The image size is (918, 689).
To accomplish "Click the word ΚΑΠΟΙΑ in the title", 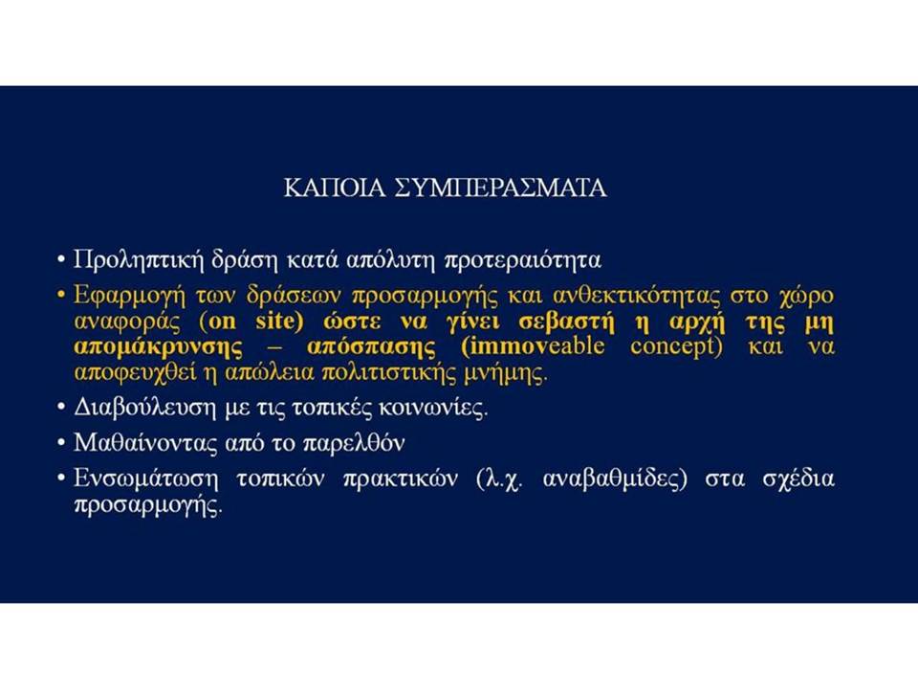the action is click(x=335, y=189).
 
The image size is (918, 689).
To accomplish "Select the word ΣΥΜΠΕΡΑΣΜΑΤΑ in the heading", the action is click(x=501, y=189).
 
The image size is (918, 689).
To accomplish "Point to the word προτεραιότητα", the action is click(x=523, y=260).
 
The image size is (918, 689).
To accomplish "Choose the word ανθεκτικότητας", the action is click(x=637, y=295).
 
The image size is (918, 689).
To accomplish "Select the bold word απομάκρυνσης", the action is click(x=158, y=346).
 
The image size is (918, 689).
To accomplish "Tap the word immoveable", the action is click(x=534, y=346).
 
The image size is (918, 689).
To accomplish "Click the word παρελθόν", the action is click(x=354, y=443).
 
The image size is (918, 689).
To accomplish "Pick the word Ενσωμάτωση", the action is click(x=145, y=478).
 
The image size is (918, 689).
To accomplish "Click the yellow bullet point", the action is click(x=60, y=295).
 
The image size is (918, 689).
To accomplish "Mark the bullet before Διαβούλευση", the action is click(x=60, y=408).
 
